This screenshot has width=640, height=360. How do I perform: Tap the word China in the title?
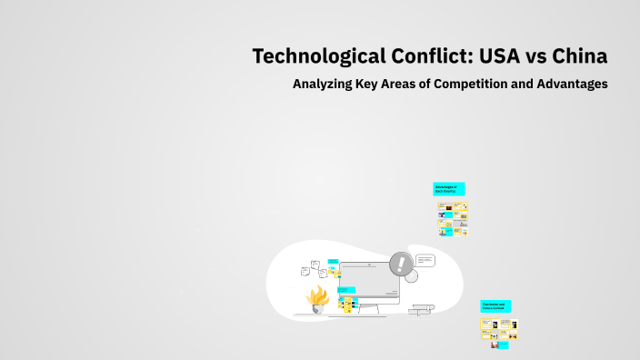pos(577,56)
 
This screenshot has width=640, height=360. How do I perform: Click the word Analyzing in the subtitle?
pos(323,85)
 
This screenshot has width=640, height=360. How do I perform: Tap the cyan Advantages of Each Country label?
pos(448,189)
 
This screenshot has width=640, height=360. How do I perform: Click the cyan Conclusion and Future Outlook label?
pos(495,306)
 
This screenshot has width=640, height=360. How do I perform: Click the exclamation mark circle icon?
pos(400,265)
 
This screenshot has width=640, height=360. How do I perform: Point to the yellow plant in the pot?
pos(318,295)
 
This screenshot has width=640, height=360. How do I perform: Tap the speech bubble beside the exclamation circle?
pos(425,260)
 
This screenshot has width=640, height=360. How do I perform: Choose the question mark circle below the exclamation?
pos(410,276)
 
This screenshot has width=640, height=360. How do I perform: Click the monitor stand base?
pos(369,314)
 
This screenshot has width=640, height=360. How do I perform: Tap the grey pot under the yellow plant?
pos(318,309)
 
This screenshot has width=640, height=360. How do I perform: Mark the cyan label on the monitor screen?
pos(347,290)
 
